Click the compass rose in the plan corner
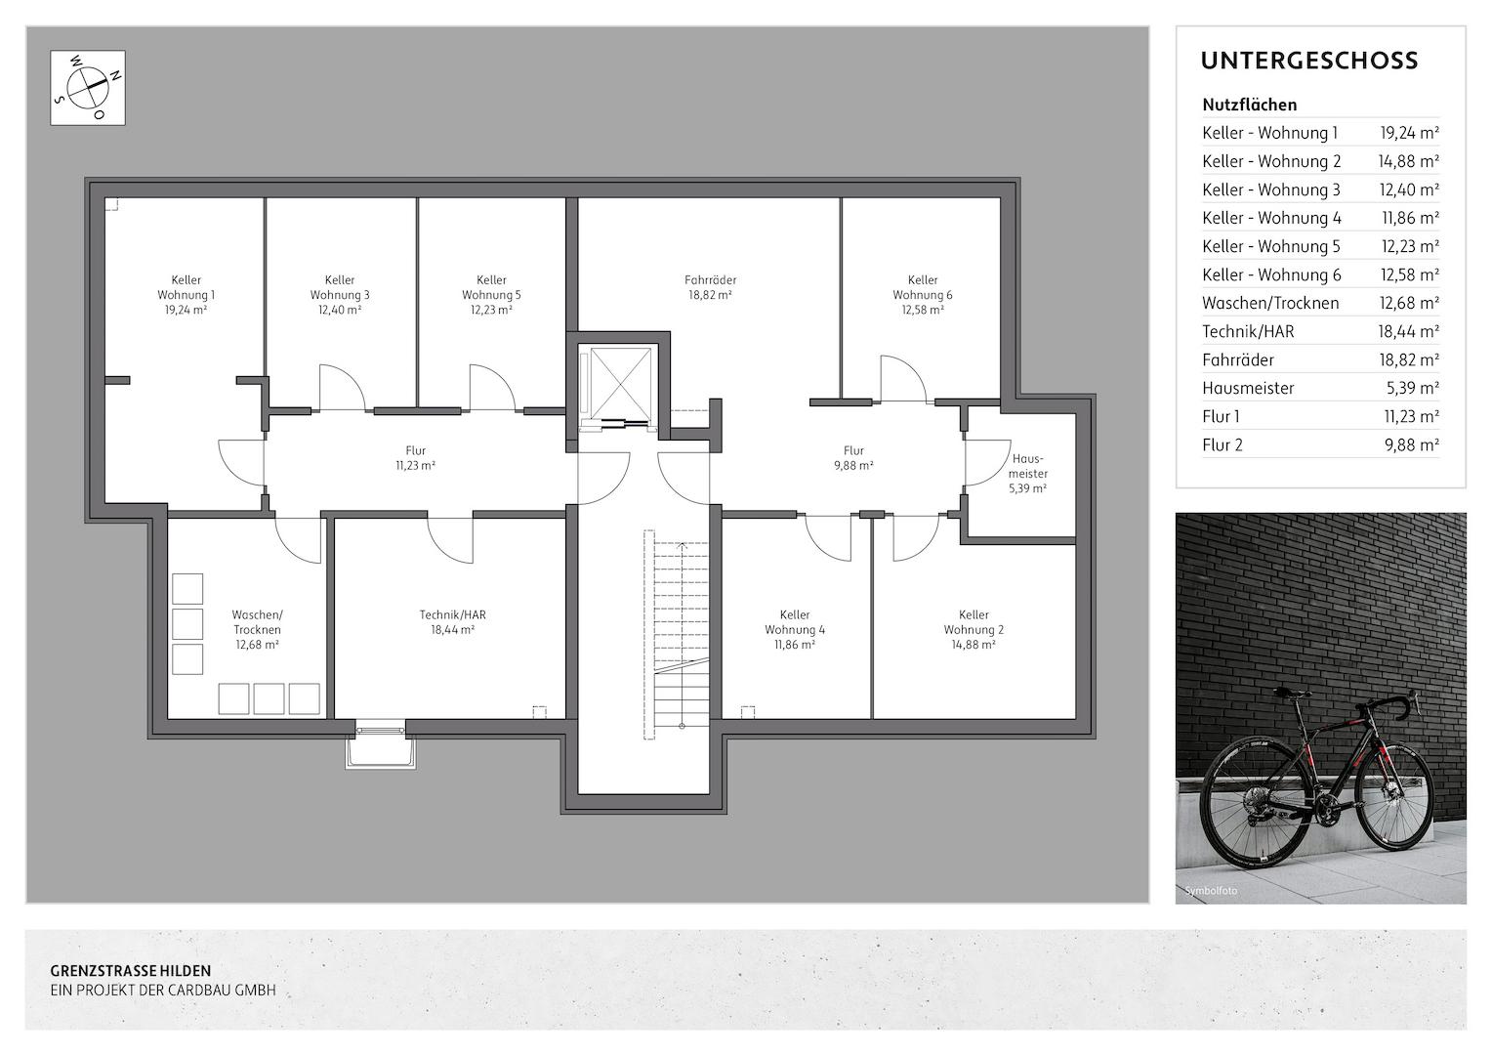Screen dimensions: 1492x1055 point(88,87)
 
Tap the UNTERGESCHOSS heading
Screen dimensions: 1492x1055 point(1309,61)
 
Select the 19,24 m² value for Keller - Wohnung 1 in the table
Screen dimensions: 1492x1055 point(1409,133)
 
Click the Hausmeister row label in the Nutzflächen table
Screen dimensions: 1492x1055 point(1248,388)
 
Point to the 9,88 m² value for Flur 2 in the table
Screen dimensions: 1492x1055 point(1412,444)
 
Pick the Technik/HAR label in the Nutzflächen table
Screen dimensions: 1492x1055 point(1248,331)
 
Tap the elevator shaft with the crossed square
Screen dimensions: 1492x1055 point(620,385)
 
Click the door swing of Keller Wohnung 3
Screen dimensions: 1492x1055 point(342,388)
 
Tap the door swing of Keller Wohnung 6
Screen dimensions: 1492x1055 point(903,379)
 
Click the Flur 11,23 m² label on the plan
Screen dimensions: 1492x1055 point(415,458)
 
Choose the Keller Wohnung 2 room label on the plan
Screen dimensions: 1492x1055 point(974,629)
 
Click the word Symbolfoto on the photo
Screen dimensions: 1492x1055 point(1211,890)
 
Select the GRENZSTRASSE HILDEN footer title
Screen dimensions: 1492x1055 point(131,971)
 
